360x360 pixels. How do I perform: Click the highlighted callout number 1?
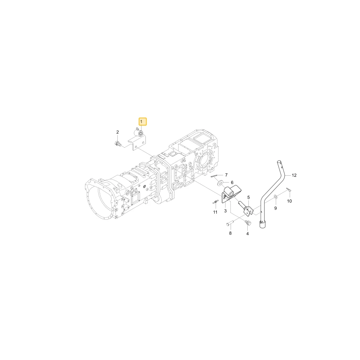(141, 121)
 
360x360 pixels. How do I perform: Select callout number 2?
(118, 132)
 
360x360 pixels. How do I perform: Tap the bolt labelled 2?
(117, 144)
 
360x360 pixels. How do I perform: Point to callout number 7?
(226, 175)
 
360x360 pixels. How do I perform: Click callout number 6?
(232, 182)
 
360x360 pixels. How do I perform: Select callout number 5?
(248, 197)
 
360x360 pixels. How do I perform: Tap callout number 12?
(294, 175)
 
